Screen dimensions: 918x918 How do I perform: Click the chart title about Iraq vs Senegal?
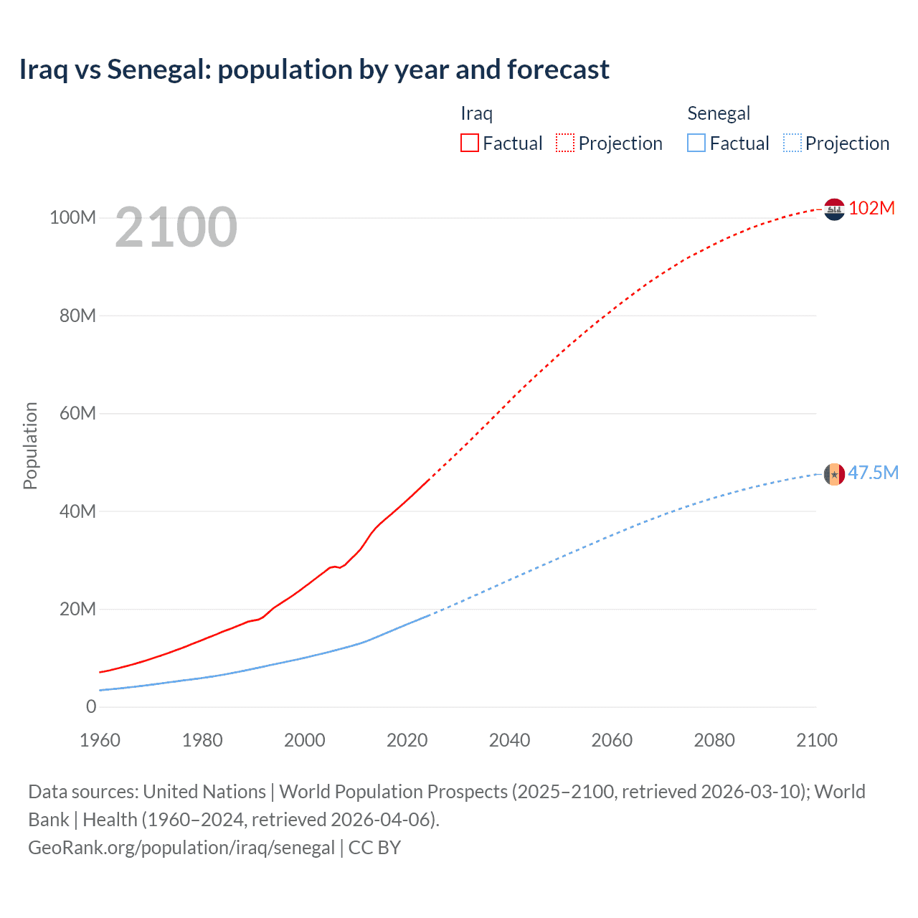[314, 70]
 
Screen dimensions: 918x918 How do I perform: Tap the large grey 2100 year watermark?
[176, 227]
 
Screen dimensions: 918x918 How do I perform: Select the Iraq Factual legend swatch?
[469, 143]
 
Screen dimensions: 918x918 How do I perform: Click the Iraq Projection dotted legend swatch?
[564, 143]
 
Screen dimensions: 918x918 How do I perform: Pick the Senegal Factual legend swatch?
[696, 143]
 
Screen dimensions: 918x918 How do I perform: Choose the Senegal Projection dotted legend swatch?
[792, 143]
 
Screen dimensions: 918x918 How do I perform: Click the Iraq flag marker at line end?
[834, 209]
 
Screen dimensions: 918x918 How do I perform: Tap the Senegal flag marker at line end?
[834, 474]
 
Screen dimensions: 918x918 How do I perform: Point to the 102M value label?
[871, 208]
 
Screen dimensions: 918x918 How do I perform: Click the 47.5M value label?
[873, 473]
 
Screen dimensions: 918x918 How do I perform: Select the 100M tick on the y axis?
[72, 217]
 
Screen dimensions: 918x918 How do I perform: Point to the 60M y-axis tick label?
[77, 413]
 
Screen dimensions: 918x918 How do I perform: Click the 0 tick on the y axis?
[91, 706]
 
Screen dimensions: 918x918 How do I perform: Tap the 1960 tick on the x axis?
[100, 740]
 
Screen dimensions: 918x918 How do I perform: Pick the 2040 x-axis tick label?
[509, 740]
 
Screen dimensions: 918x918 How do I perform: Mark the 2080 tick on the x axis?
[714, 740]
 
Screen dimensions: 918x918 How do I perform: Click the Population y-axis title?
[30, 445]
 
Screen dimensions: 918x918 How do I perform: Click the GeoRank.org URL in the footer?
[181, 848]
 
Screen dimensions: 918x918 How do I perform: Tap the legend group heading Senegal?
[718, 113]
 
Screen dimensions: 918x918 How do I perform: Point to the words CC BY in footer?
[374, 848]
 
